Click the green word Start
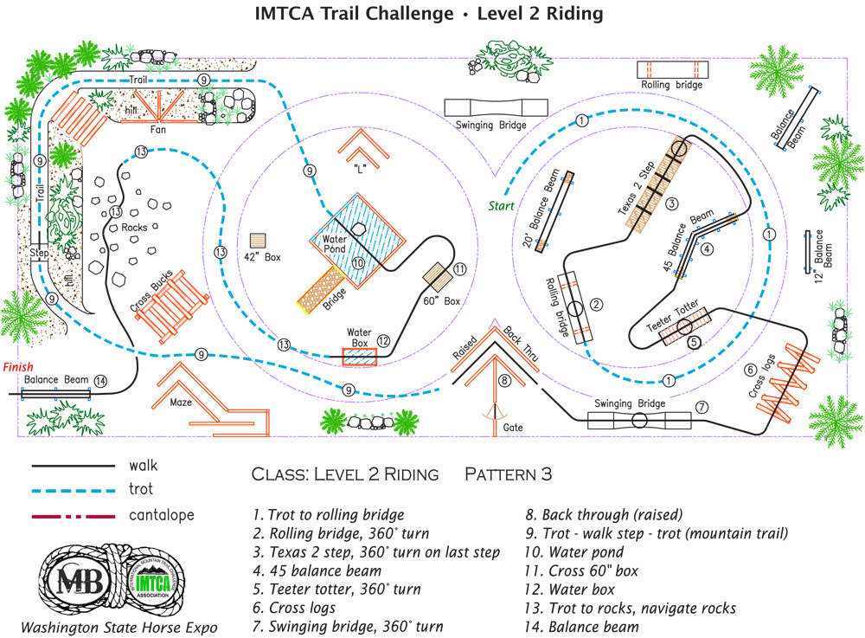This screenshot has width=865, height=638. pos(501,206)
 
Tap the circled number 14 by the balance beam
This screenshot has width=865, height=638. pos(101,380)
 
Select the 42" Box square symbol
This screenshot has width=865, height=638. pos(258,240)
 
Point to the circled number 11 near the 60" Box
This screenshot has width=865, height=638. pos(460,269)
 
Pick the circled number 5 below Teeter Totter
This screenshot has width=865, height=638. pos(693,341)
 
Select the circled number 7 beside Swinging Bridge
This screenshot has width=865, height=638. pos(702,406)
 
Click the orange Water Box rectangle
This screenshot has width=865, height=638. pos(359,357)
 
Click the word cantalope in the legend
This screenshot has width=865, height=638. pos(161,515)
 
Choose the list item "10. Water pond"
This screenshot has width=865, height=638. pos(586,551)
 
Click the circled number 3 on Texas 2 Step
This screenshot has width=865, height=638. pos(671,203)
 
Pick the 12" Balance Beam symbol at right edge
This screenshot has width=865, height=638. pos(808,249)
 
